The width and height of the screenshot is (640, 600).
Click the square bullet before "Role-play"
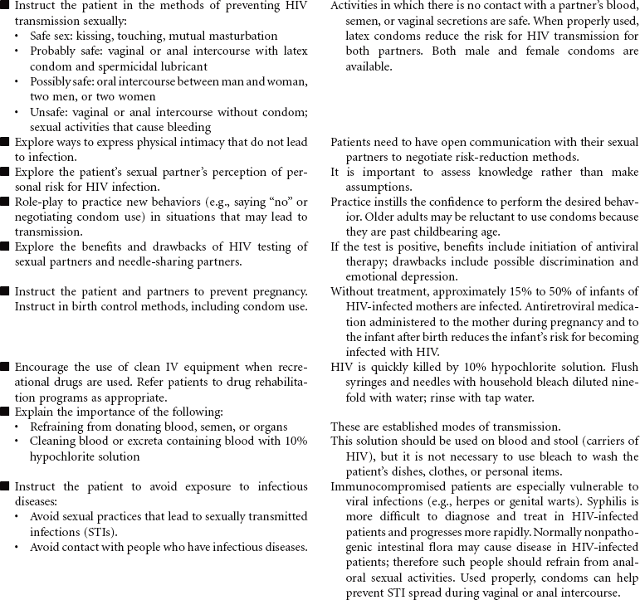point(6,202)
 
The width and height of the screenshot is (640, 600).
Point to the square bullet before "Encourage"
point(6,366)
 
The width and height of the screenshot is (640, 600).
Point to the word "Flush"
point(622,366)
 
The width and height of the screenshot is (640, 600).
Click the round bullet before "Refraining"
point(20,426)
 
